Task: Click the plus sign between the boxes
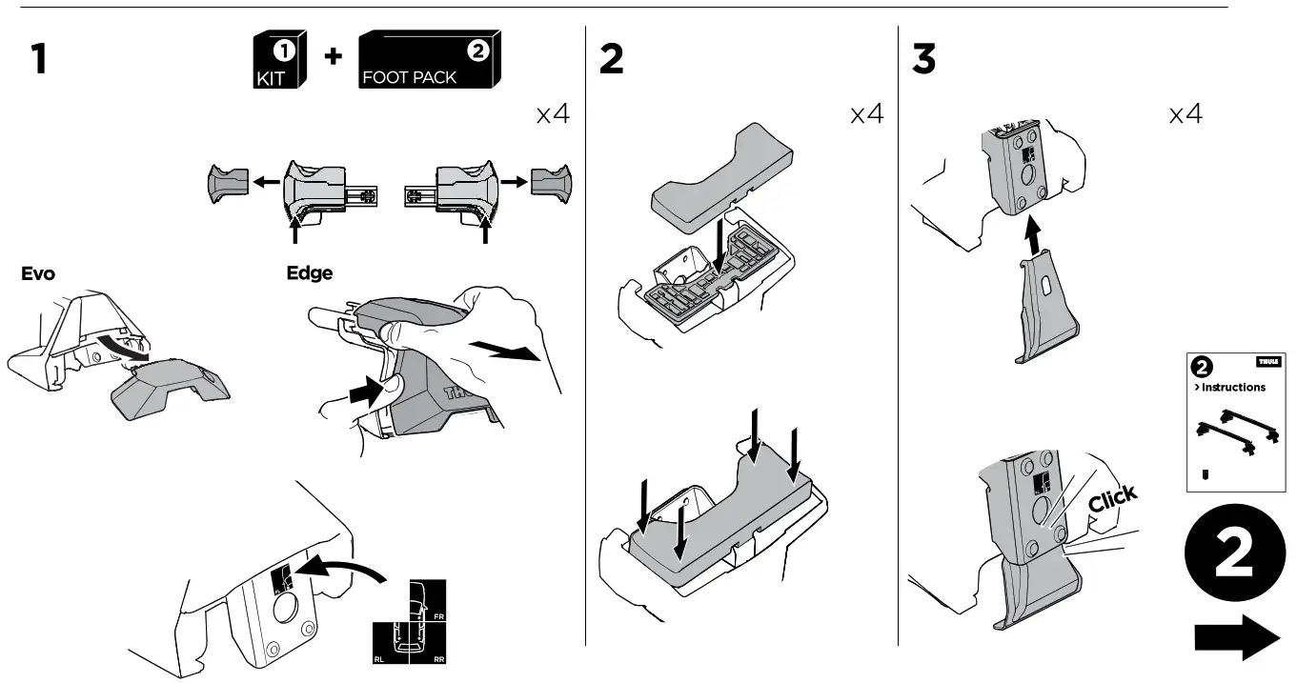[332, 57]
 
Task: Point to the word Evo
[38, 274]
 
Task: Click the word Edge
[310, 273]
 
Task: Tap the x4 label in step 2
[866, 115]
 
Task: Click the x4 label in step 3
[1185, 115]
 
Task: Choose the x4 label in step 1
[552, 115]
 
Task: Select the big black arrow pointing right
[1236, 635]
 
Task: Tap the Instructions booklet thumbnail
[1235, 422]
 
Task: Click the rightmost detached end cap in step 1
[552, 182]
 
